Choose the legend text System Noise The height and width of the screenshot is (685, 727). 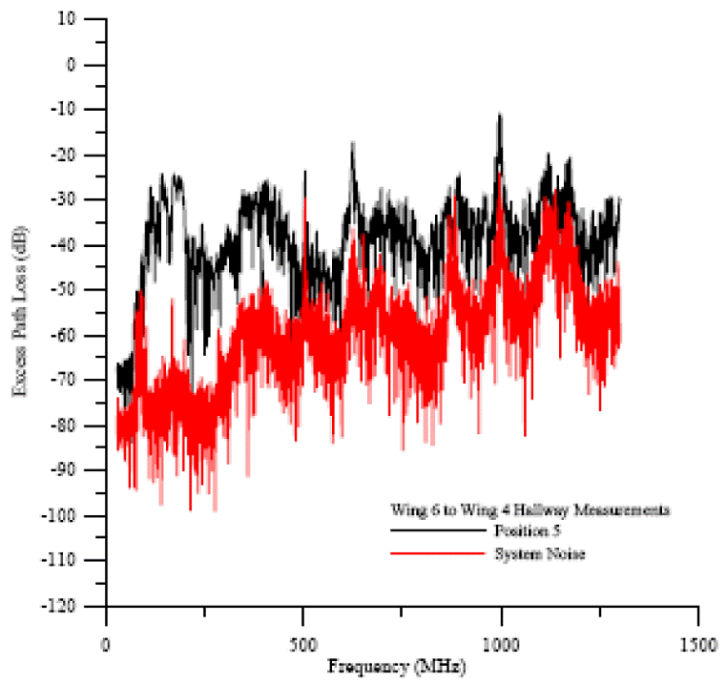coord(527,553)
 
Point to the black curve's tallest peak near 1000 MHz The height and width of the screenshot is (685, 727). coord(499,116)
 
